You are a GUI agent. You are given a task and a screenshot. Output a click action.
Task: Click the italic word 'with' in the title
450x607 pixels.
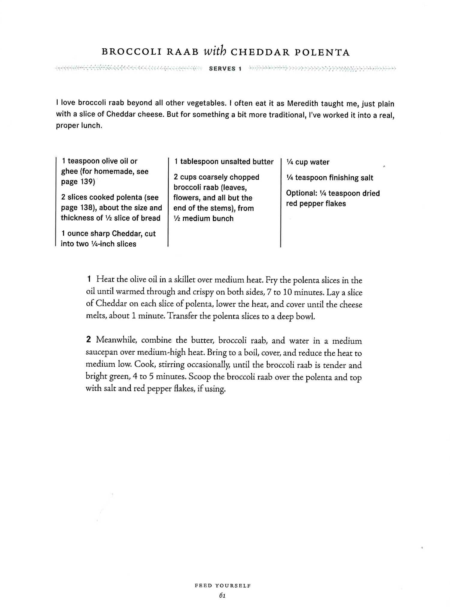tap(214, 52)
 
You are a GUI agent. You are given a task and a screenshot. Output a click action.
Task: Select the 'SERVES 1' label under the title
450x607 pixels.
tap(225, 69)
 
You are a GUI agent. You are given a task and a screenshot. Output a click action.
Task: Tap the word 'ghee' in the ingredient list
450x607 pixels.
tap(70, 172)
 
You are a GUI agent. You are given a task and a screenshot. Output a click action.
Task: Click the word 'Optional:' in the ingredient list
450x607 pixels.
tap(301, 193)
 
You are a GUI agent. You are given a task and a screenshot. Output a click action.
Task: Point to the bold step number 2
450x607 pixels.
tap(88, 340)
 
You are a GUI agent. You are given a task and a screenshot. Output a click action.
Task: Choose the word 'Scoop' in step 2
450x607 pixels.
tap(200, 377)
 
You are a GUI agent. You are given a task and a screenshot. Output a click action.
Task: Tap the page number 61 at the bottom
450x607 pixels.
tap(222, 596)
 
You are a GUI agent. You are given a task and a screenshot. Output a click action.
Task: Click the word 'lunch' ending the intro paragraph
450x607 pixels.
tap(91, 125)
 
